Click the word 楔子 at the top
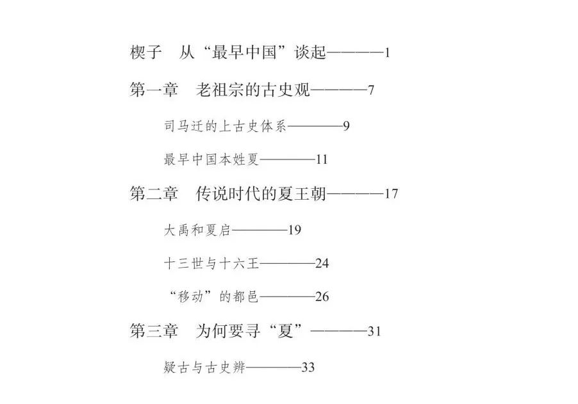click(145, 52)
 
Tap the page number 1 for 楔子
click(387, 53)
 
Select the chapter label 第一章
click(154, 90)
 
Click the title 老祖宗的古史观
click(252, 90)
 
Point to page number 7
click(371, 90)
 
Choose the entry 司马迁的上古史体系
click(225, 126)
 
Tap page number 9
click(346, 126)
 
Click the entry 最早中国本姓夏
click(211, 159)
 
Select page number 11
click(322, 159)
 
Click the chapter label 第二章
click(154, 193)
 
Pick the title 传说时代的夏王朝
click(261, 193)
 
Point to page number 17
click(391, 194)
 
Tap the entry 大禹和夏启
click(197, 230)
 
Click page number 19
click(294, 230)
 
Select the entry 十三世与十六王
click(211, 263)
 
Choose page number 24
click(322, 264)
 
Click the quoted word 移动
click(190, 296)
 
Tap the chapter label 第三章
click(154, 330)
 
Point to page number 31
click(374, 331)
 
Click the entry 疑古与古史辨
click(204, 367)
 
